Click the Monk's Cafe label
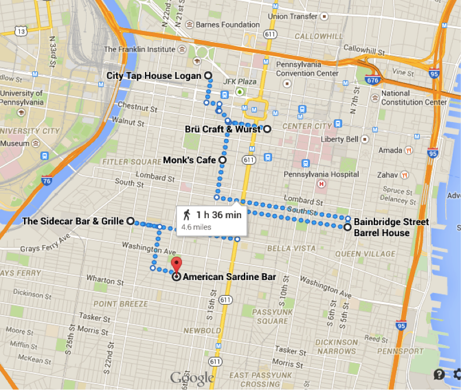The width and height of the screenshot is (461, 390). pos(190,160)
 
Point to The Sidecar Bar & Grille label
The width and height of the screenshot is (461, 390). pos(73,221)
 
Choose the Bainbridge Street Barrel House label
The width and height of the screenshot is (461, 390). pos(391,227)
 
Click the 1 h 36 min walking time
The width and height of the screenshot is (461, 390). pos(219,215)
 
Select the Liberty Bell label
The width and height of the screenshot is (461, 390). pos(340,139)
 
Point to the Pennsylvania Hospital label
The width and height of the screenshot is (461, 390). pos(321,174)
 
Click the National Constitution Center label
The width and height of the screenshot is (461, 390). pos(414,98)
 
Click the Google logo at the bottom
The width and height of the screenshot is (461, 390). pos(192,378)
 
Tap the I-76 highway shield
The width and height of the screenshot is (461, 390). pos(46,182)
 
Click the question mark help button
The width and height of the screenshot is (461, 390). pos(439,374)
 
